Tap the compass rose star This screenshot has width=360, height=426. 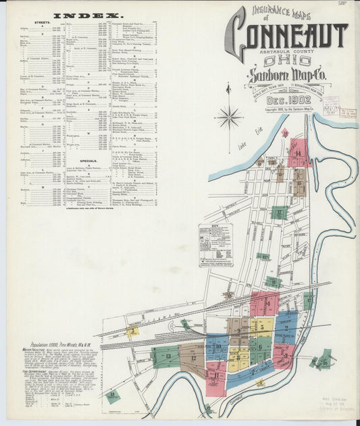pyautogui.click(x=228, y=117)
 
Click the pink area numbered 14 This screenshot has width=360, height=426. pyautogui.click(x=298, y=154)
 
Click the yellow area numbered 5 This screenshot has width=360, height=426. pyautogui.click(x=262, y=327)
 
